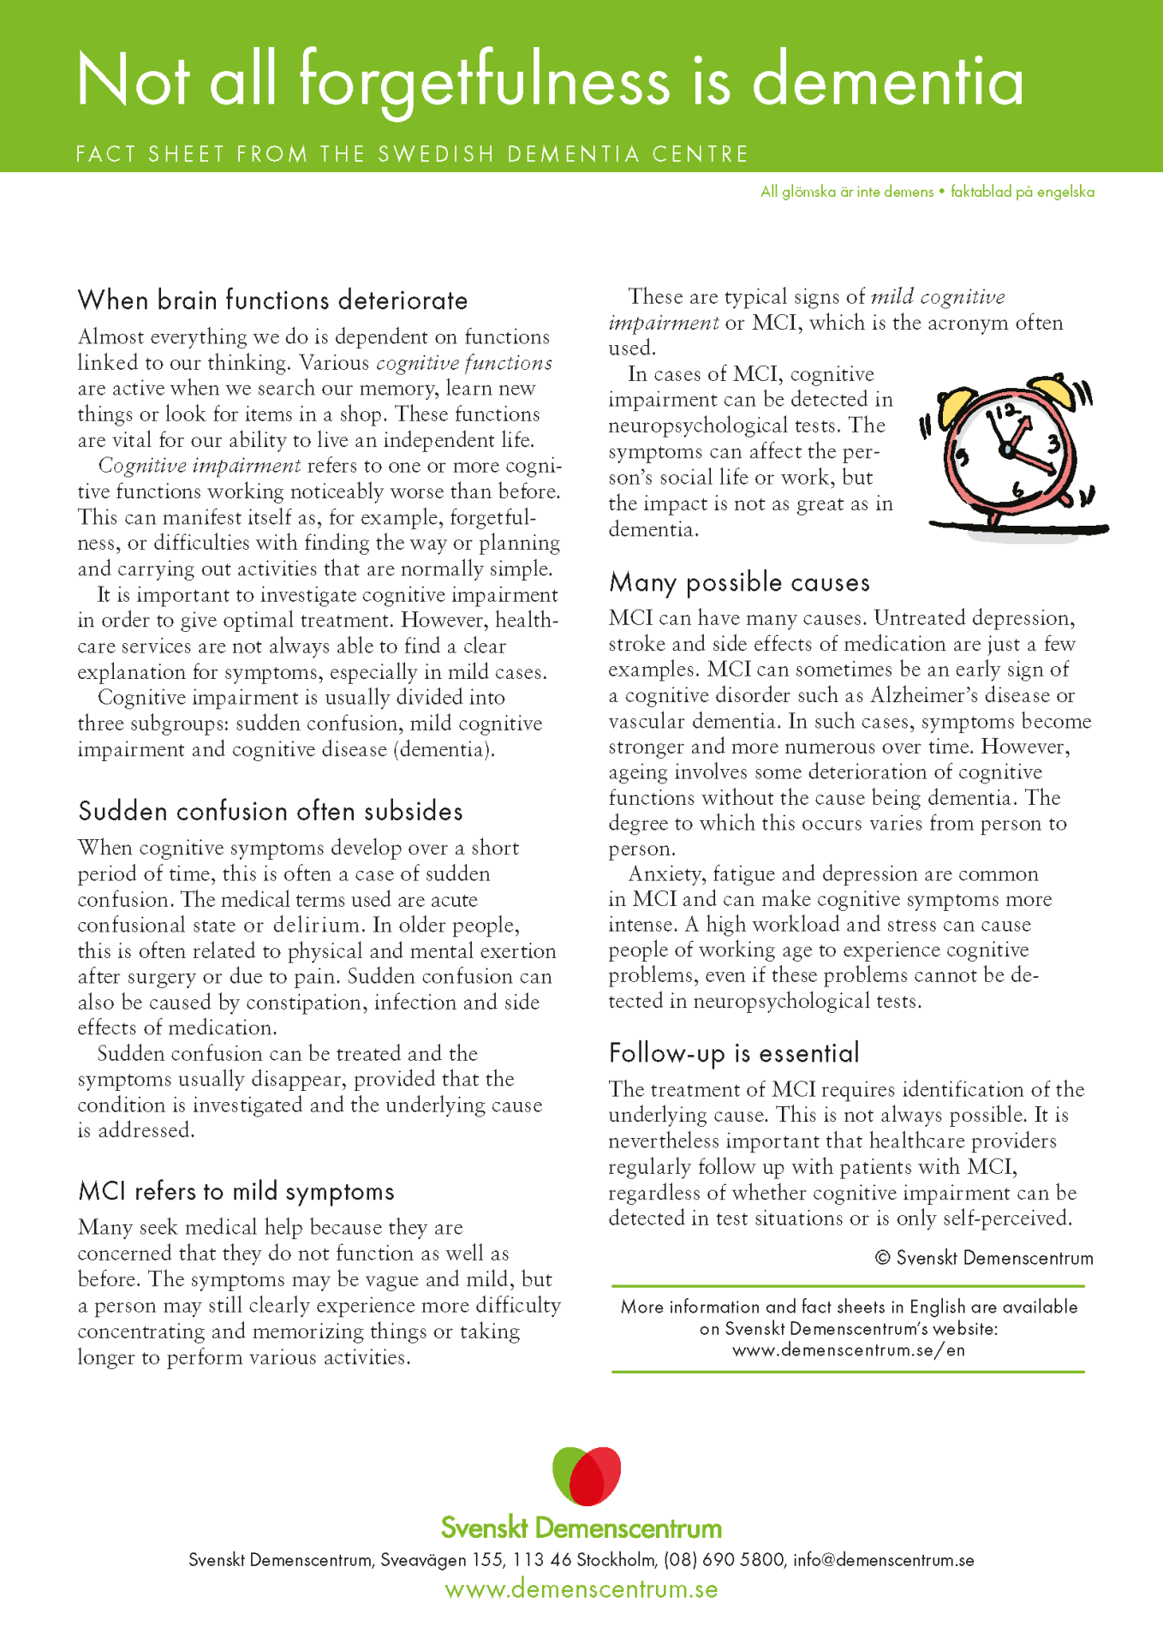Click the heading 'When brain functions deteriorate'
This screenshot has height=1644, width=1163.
click(x=272, y=301)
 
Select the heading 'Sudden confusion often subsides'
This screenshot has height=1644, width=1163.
click(x=270, y=811)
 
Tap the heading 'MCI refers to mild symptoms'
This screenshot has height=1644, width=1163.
click(x=236, y=1191)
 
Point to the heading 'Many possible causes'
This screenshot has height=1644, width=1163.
click(x=739, y=582)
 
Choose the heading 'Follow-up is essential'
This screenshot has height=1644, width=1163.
click(x=734, y=1053)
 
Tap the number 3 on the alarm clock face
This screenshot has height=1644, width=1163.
click(x=1053, y=444)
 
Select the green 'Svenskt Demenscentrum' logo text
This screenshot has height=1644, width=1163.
click(x=581, y=1528)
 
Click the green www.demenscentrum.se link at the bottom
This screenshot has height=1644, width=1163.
click(x=581, y=1589)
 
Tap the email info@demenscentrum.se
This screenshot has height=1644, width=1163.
click(x=883, y=1560)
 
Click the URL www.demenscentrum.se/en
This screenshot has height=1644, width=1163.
click(x=848, y=1350)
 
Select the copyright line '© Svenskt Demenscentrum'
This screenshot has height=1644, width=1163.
click(x=984, y=1258)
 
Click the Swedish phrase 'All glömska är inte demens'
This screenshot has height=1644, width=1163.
click(x=846, y=192)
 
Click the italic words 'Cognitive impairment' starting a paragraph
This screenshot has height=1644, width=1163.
click(x=199, y=466)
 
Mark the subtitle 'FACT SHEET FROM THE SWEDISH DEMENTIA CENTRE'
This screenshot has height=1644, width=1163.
click(x=412, y=154)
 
